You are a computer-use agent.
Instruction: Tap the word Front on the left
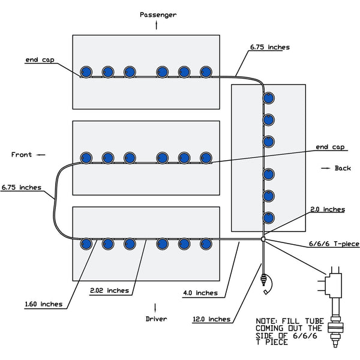pyautogui.click(x=22, y=155)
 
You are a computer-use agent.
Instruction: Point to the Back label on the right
pyautogui.click(x=343, y=169)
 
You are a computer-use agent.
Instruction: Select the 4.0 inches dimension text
pyautogui.click(x=200, y=293)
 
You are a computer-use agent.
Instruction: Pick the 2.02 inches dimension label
pyautogui.click(x=109, y=291)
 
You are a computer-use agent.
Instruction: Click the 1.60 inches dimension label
pyautogui.click(x=43, y=304)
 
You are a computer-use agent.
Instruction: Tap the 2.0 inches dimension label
pyautogui.click(x=327, y=209)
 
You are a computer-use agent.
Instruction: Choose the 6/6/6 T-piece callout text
pyautogui.click(x=333, y=244)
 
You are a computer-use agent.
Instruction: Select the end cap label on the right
pyautogui.click(x=329, y=147)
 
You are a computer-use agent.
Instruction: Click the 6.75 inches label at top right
pyautogui.click(x=269, y=47)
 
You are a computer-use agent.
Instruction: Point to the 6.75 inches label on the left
pyautogui.click(x=22, y=187)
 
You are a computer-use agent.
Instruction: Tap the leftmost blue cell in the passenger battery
pyautogui.click(x=86, y=72)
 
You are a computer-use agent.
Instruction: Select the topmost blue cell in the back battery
pyautogui.click(x=269, y=97)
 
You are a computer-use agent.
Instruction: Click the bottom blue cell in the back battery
pyautogui.click(x=269, y=218)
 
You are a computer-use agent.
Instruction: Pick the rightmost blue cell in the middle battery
pyautogui.click(x=206, y=158)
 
